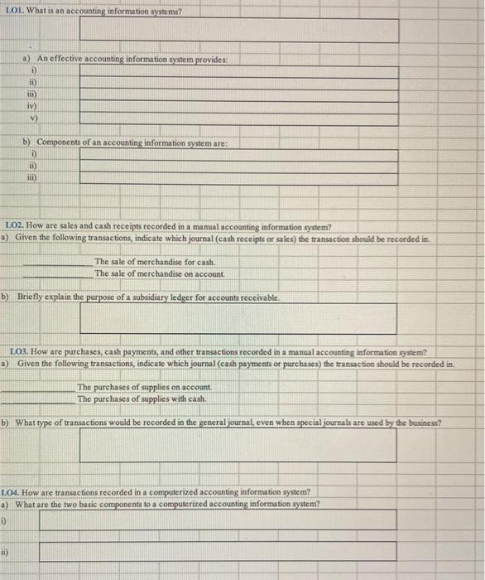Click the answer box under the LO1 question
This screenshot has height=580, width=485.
tap(238, 30)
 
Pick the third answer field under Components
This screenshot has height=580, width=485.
tap(238, 177)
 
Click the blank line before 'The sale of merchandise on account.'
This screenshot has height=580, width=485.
tap(58, 273)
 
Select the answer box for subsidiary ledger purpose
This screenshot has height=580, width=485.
tap(238, 318)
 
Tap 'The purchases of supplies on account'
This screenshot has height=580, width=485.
tap(145, 387)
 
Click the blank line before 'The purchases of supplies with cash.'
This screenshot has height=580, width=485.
tap(37, 399)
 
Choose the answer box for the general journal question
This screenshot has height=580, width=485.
tap(238, 446)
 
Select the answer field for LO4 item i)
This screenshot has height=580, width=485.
tap(217, 520)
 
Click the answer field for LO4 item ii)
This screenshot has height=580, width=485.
tap(217, 550)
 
